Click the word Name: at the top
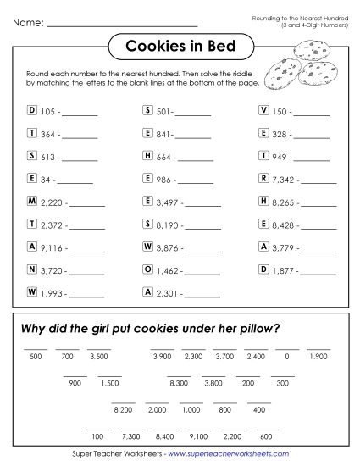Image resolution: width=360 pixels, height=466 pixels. (28, 21)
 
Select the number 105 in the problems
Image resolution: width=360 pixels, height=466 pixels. (47, 111)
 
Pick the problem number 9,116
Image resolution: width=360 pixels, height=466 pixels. (53, 247)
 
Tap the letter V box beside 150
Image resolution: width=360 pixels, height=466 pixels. (265, 110)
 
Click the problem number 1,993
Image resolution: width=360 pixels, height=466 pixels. (53, 293)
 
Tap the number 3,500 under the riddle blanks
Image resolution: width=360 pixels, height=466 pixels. (99, 357)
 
